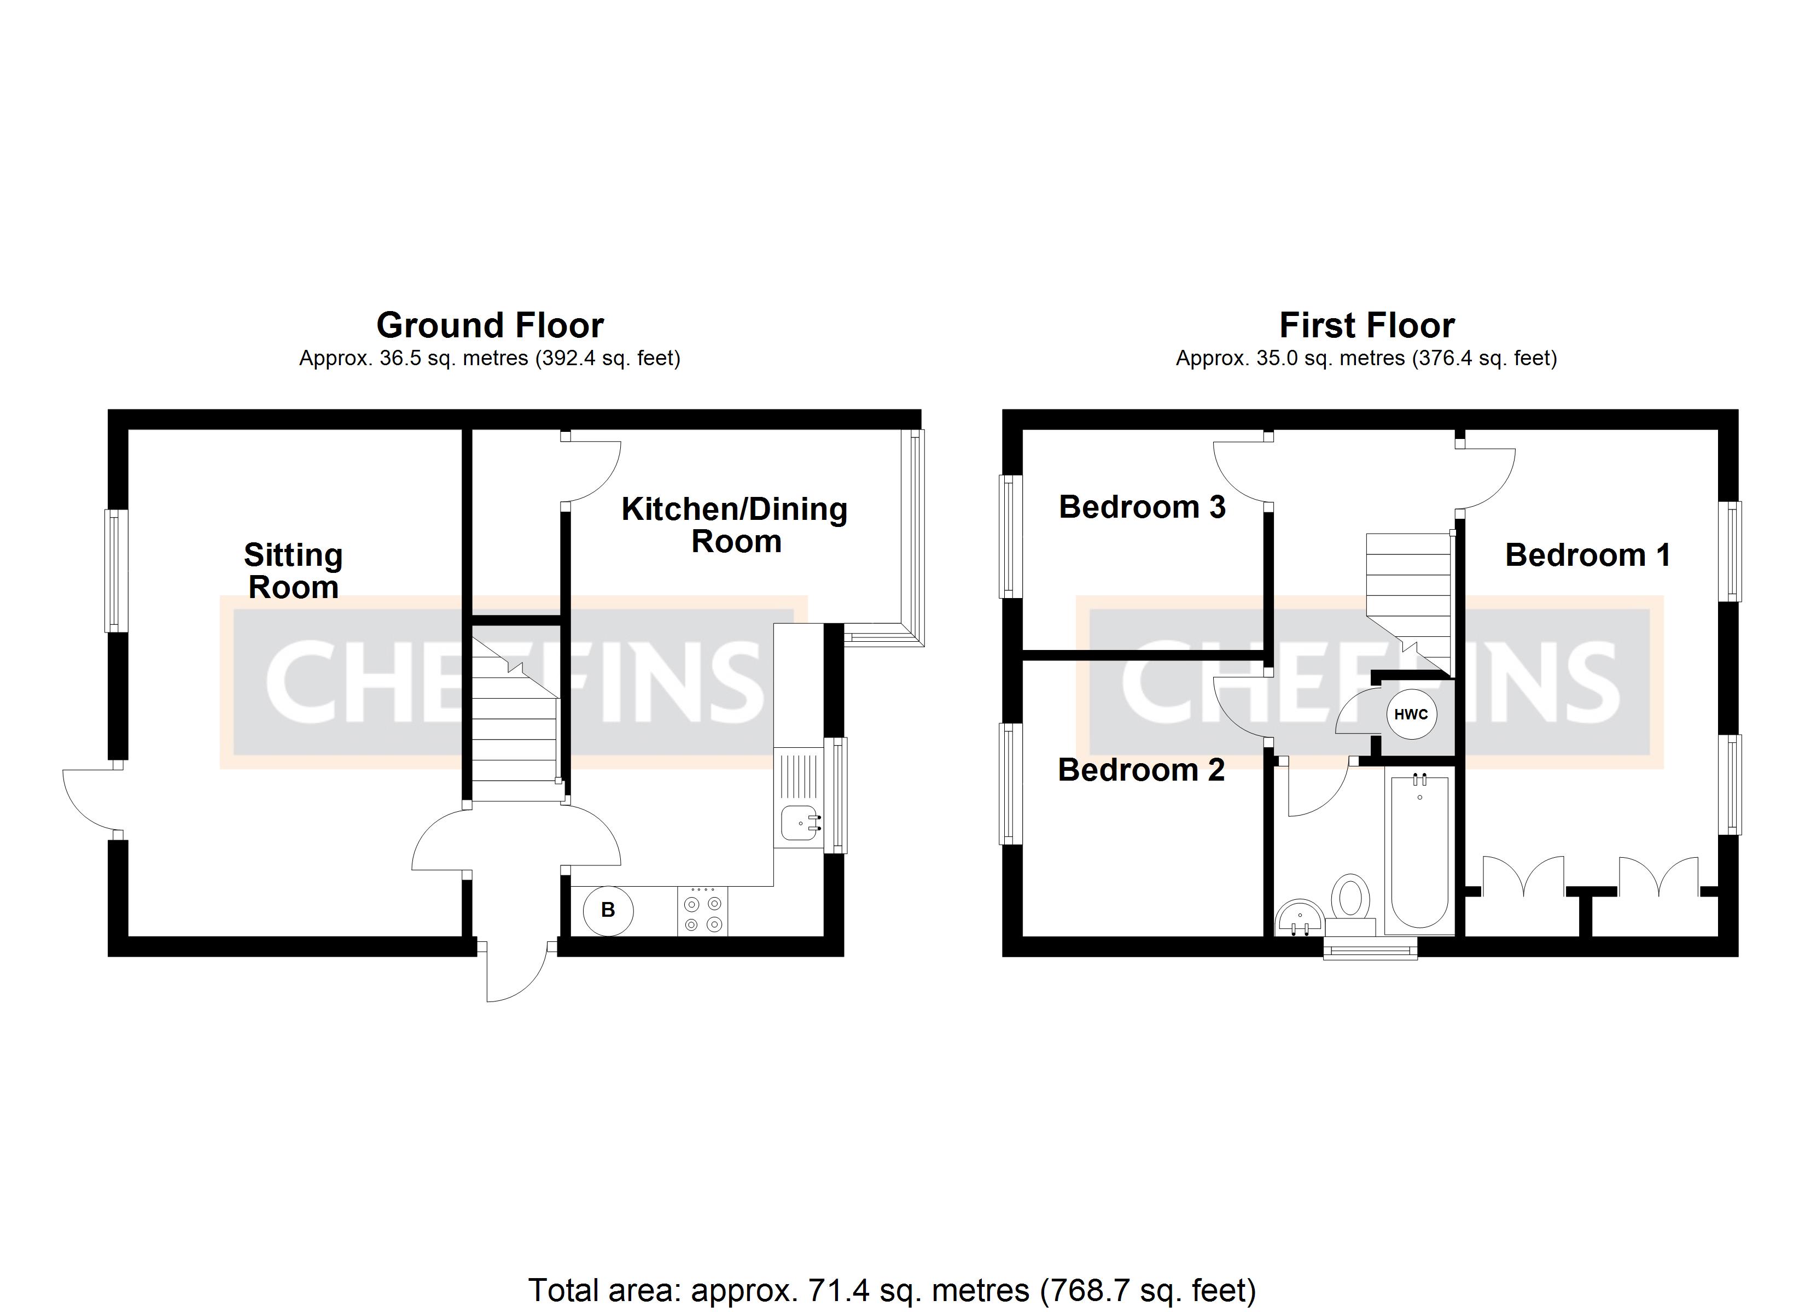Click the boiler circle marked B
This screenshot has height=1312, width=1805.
pos(608,910)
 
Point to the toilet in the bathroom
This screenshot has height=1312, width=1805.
pos(1350,905)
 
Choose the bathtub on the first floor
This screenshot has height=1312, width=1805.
pos(1420,849)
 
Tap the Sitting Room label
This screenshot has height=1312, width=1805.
pos(293,571)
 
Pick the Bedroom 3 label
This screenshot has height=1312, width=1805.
pos(1142,507)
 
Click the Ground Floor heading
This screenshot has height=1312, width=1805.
pos(490,325)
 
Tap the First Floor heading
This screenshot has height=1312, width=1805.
pos(1366,325)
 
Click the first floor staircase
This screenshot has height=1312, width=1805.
pos(1410,603)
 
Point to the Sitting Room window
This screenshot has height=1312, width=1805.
pos(116,571)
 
